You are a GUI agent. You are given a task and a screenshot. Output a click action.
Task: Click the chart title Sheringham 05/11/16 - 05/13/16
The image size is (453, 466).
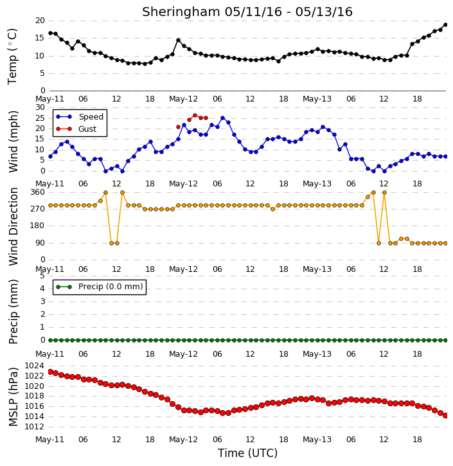[247, 12]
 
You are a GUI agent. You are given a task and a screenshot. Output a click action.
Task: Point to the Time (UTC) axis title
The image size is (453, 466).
[247, 453]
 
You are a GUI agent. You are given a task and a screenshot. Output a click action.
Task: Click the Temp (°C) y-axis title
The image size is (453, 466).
[12, 57]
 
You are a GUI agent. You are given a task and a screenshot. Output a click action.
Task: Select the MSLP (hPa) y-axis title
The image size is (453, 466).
[13, 397]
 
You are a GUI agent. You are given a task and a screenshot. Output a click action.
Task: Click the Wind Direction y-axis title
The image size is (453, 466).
[13, 226]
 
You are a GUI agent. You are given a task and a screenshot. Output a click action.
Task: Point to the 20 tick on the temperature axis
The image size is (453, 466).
[40, 21]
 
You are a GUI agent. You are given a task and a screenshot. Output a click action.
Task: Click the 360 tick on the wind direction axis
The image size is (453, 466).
[38, 192]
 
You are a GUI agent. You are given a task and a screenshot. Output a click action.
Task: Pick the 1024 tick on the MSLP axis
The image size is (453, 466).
[35, 366]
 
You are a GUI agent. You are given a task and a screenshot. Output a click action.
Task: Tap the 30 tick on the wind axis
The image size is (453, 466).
[40, 107]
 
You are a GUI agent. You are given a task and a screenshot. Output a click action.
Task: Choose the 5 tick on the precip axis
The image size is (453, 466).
[42, 276]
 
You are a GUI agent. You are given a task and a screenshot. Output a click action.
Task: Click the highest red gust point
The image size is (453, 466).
[195, 115]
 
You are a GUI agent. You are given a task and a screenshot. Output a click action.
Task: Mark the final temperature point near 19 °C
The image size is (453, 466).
[445, 25]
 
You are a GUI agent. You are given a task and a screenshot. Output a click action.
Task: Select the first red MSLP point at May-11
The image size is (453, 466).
[51, 372]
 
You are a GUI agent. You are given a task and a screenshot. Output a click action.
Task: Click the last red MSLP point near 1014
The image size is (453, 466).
[445, 415]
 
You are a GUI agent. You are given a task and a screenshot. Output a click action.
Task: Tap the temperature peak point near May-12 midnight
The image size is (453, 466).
[178, 40]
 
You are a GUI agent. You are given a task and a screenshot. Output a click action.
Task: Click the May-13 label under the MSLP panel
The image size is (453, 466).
[317, 439]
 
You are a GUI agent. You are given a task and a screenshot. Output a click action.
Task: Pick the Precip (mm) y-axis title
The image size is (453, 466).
[13, 312]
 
